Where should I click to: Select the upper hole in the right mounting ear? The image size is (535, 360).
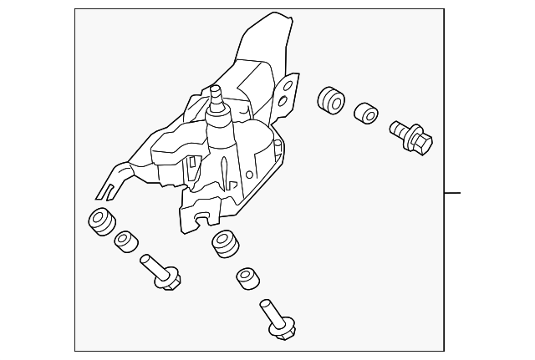(289, 84)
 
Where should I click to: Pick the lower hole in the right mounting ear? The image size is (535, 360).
(284, 103)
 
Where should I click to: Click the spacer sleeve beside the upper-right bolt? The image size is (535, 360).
(366, 113)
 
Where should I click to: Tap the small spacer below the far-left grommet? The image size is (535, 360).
(126, 242)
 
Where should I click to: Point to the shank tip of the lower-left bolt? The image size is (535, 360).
(144, 258)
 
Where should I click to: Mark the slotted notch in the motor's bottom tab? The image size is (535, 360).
(201, 219)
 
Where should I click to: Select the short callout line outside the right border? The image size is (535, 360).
(452, 193)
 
